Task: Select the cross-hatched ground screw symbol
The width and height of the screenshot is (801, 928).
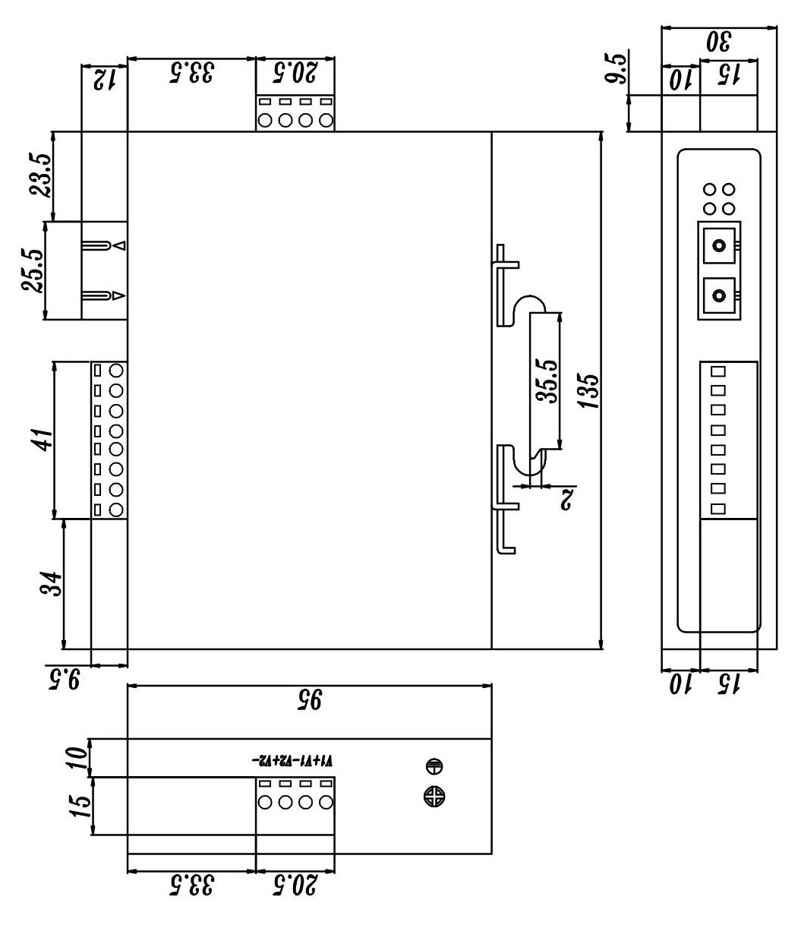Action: click(x=434, y=796)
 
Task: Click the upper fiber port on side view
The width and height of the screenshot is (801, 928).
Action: click(x=719, y=245)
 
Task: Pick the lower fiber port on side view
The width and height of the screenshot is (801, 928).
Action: click(x=719, y=295)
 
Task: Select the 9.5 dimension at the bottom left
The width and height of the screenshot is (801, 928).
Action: click(x=65, y=677)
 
